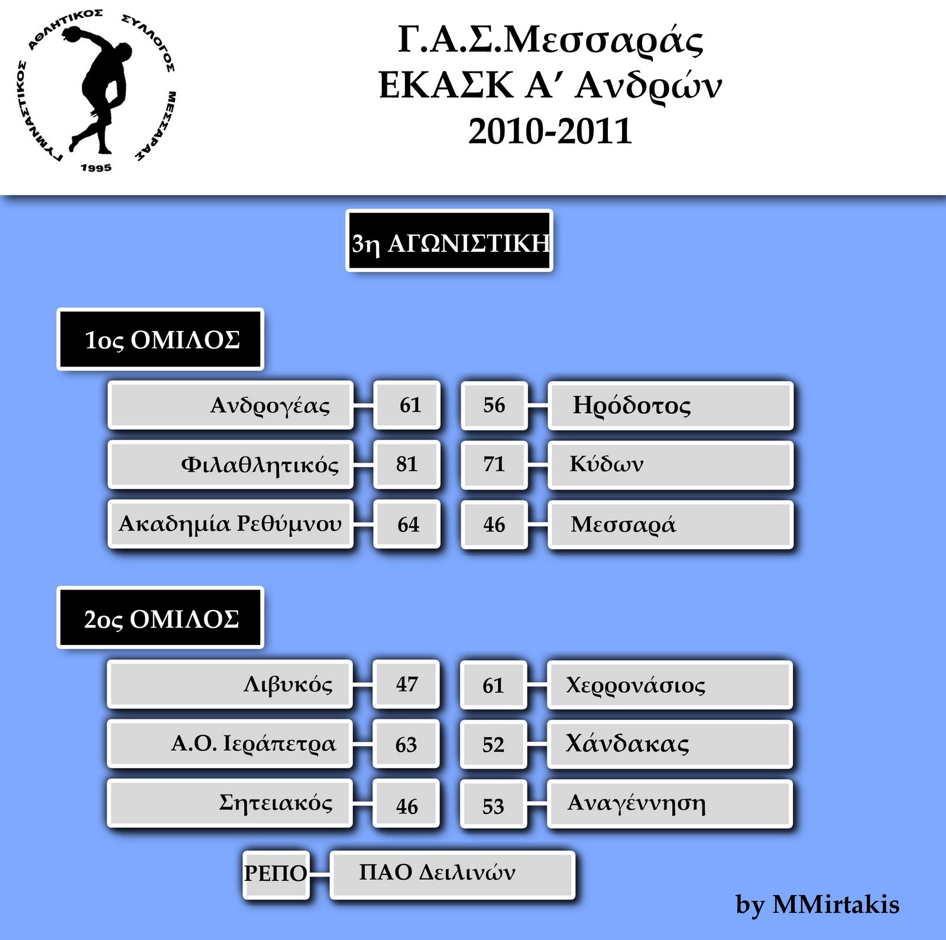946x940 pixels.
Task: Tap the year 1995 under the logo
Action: tap(96, 168)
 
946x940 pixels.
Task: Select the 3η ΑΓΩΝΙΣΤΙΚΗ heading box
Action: tap(449, 241)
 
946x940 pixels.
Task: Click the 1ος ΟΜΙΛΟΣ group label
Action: tap(160, 339)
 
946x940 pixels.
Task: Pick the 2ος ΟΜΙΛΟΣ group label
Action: tap(160, 618)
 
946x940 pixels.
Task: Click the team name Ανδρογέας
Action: tap(270, 406)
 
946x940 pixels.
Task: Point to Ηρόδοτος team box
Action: tap(670, 406)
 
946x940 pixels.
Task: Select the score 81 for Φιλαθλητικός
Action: tap(407, 464)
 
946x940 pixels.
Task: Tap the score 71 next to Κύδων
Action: tap(494, 464)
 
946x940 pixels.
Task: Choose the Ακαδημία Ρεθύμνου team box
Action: tap(231, 524)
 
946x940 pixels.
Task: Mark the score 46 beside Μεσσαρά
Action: tap(494, 524)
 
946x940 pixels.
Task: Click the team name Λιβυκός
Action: tap(288, 684)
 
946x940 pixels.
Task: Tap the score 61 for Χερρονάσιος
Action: tap(493, 685)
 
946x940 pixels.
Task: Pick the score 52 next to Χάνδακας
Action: tap(493, 744)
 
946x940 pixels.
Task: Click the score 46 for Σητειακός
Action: tap(407, 806)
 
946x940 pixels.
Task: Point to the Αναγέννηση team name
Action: tap(636, 803)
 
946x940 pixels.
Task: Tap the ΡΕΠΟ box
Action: tap(276, 873)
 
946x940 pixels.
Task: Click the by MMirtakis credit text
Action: tap(817, 905)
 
